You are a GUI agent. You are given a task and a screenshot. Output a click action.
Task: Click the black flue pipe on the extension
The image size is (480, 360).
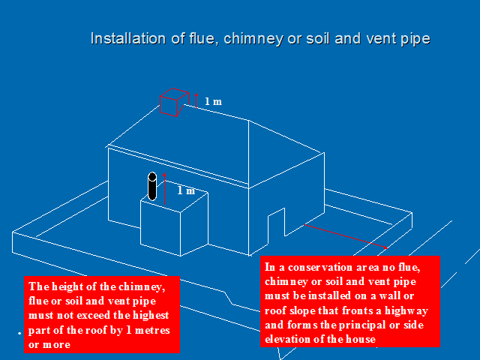(x=152, y=187)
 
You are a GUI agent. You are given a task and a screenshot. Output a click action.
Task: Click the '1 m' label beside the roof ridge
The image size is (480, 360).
(x=214, y=100)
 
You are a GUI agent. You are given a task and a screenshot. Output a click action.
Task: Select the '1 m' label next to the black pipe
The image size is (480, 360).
(x=186, y=190)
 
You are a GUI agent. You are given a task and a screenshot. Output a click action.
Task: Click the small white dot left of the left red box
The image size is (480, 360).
(x=19, y=331)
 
